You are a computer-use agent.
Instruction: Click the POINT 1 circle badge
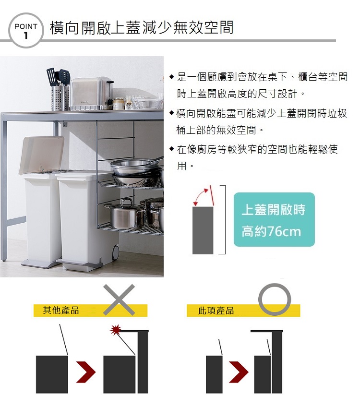pyautogui.click(x=25, y=30)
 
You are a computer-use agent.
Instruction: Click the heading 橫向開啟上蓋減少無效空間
pyautogui.click(x=142, y=27)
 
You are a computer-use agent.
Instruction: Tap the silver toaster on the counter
pyautogui.click(x=92, y=94)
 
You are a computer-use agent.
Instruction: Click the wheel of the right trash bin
pyautogui.click(x=115, y=251)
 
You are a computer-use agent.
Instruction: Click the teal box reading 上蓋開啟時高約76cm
pyautogui.click(x=274, y=219)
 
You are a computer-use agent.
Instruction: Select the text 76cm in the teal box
pyautogui.click(x=284, y=231)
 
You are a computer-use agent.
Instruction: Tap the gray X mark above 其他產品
pyautogui.click(x=119, y=299)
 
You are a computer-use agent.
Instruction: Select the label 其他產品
pyautogui.click(x=61, y=310)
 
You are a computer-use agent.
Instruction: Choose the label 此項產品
pyautogui.click(x=216, y=310)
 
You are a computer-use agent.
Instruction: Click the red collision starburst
pyautogui.click(x=116, y=329)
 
